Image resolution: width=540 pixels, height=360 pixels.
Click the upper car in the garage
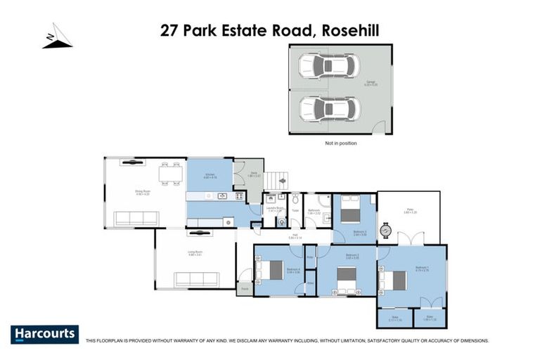[x=328, y=67]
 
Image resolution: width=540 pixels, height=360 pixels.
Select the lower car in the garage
[x=328, y=109]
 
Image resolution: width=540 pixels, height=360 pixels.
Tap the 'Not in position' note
[x=340, y=143]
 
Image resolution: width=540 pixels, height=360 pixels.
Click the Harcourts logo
[x=44, y=334]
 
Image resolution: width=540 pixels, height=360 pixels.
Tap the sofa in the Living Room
[x=197, y=279]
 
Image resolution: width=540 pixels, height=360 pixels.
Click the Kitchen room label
[x=210, y=176]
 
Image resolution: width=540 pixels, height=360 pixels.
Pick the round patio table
[x=385, y=229]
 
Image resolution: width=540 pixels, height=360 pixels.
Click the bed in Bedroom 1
[x=394, y=281]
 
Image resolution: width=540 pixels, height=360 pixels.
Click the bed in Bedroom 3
[x=349, y=208]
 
